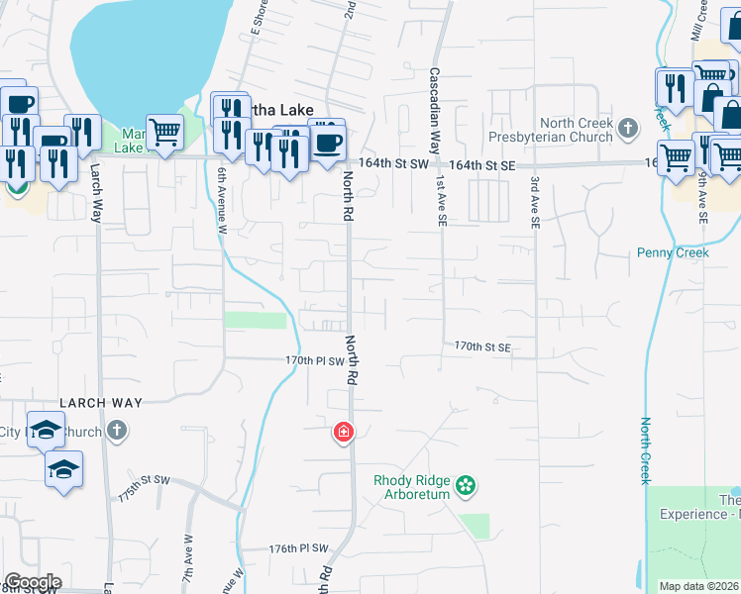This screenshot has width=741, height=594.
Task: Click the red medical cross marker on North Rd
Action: (x=344, y=433)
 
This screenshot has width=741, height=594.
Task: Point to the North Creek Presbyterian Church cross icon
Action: (x=627, y=127)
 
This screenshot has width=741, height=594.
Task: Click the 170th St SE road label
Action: (x=482, y=346)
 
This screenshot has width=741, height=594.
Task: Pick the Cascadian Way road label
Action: (x=434, y=108)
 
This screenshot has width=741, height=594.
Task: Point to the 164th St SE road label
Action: (x=482, y=165)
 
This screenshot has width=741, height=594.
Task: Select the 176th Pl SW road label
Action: (x=298, y=547)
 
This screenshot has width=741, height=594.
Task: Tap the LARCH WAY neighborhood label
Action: (x=101, y=403)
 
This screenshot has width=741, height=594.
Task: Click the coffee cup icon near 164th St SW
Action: (x=328, y=141)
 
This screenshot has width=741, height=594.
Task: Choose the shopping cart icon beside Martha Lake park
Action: (x=164, y=130)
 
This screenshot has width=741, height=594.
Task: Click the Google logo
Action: (x=33, y=582)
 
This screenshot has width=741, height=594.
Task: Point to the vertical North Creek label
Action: (x=645, y=450)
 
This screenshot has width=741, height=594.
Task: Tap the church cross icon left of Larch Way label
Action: (x=117, y=431)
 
